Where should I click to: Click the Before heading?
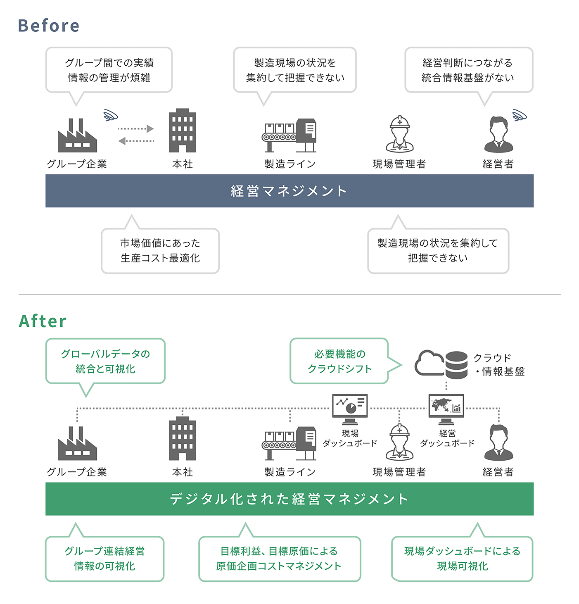(x=49, y=26)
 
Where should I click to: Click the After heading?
(x=43, y=321)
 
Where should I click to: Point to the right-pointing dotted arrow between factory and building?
(x=136, y=129)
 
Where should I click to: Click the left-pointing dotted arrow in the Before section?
(x=136, y=141)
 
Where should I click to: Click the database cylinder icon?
(x=456, y=364)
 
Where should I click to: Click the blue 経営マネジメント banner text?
(x=289, y=191)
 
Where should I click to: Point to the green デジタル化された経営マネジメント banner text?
(x=289, y=499)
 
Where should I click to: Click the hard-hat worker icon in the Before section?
(x=399, y=134)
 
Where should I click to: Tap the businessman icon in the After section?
(x=498, y=443)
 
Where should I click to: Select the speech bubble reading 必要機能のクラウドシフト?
(x=339, y=361)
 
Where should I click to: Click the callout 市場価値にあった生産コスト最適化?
(x=160, y=251)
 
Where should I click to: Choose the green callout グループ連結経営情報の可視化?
(x=104, y=559)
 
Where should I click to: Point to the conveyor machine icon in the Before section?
(x=289, y=136)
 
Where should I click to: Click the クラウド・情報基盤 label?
(x=498, y=364)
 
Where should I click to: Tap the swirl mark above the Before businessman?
(x=520, y=115)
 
